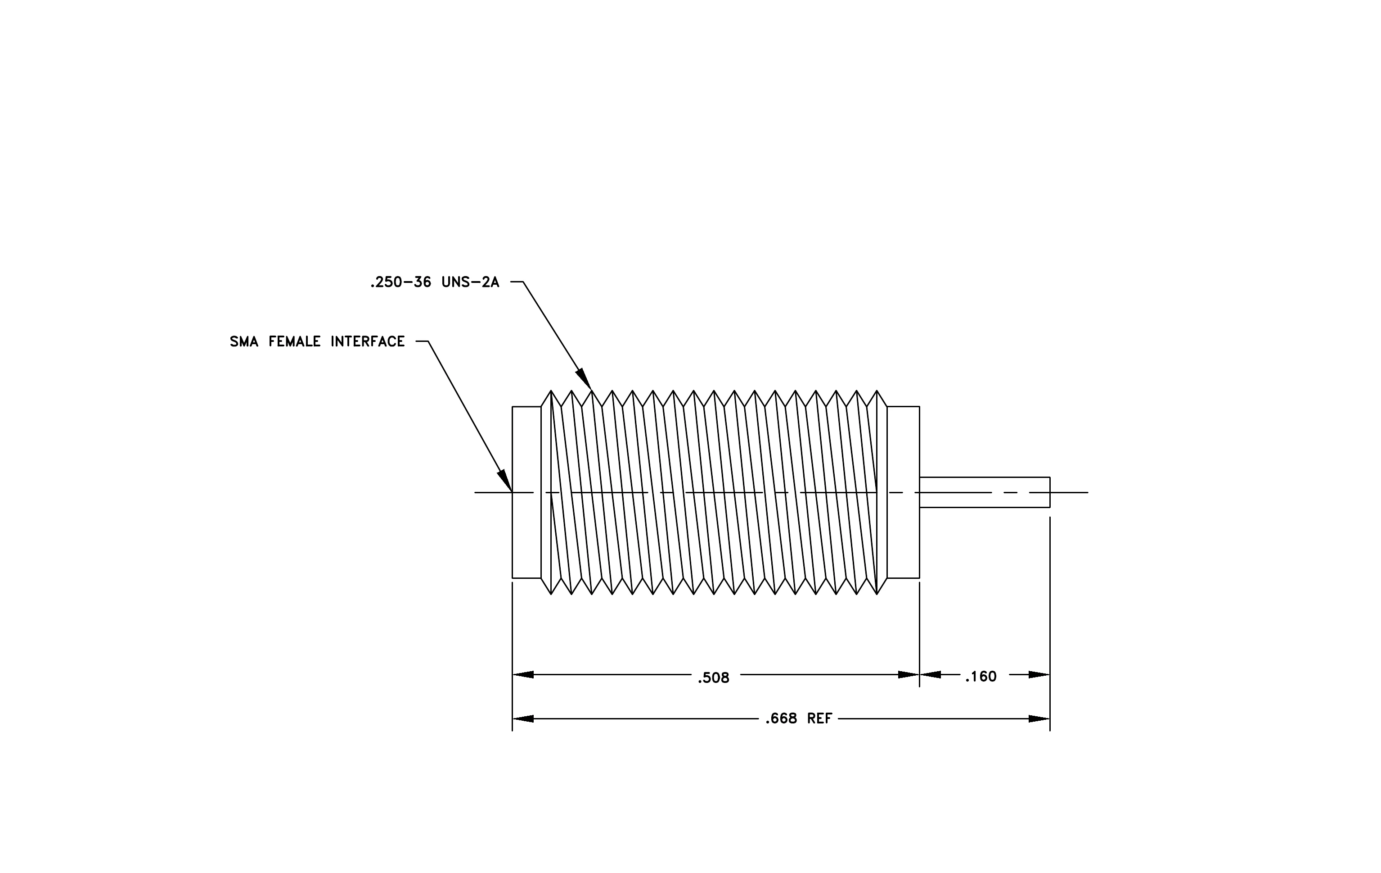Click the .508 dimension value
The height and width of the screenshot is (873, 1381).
pos(713,678)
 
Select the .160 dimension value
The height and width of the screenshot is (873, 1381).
pos(981,677)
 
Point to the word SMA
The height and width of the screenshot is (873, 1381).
pos(244,342)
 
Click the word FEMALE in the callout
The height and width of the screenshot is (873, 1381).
pos(294,342)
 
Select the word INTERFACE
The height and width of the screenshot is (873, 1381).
pos(368,342)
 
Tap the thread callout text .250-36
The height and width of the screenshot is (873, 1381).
pos(400,282)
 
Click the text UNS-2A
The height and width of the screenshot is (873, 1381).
pos(470,282)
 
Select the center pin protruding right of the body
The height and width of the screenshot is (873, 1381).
pos(985,492)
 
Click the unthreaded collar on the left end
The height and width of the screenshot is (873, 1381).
pos(526,492)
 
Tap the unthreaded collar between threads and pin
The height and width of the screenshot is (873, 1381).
pos(903,492)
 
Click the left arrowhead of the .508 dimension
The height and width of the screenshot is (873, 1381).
pos(523,674)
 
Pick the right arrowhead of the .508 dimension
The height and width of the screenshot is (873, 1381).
pos(909,674)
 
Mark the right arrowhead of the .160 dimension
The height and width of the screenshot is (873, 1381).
pos(1039,674)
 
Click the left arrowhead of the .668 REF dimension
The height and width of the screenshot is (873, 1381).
pos(523,718)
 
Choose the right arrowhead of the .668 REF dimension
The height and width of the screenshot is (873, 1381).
pos(1039,718)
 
